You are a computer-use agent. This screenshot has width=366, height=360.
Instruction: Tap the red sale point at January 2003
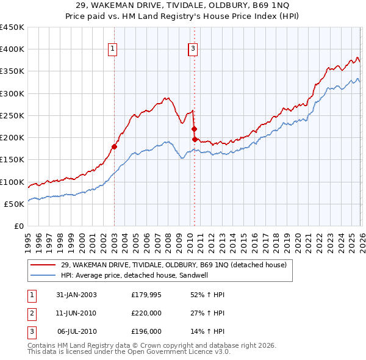pyautogui.click(x=114, y=146)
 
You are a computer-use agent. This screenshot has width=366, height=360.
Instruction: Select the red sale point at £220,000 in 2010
pyautogui.click(x=194, y=129)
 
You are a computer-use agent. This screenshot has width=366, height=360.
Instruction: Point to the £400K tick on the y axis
pyautogui.click(x=13, y=49)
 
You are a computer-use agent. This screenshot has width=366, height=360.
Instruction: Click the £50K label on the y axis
pyautogui.click(x=15, y=204)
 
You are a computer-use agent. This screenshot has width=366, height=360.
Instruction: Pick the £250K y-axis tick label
pyautogui.click(x=13, y=115)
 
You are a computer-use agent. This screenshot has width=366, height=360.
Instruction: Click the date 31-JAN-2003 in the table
pyautogui.click(x=76, y=295)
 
